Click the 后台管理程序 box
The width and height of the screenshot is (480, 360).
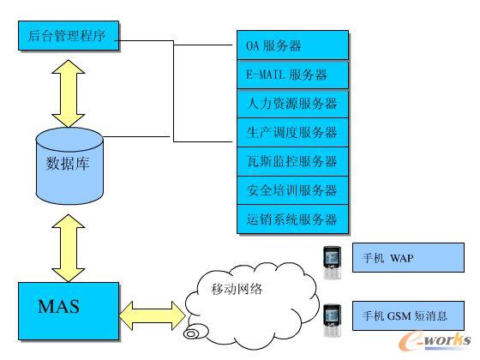click(67, 37)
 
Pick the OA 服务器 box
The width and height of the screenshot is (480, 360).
click(292, 45)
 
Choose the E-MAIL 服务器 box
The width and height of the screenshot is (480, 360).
click(292, 75)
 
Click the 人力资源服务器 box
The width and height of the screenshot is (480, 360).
click(292, 104)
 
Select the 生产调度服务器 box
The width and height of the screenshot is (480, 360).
click(292, 133)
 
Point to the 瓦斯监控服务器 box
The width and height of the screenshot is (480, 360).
click(292, 161)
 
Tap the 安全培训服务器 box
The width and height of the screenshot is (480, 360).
click(292, 190)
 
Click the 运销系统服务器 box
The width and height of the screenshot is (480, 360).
click(292, 219)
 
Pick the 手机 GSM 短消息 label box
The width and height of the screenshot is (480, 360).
click(410, 315)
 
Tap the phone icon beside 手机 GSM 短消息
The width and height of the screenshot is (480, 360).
click(332, 315)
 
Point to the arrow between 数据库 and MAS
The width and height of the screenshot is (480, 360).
click(66, 244)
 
